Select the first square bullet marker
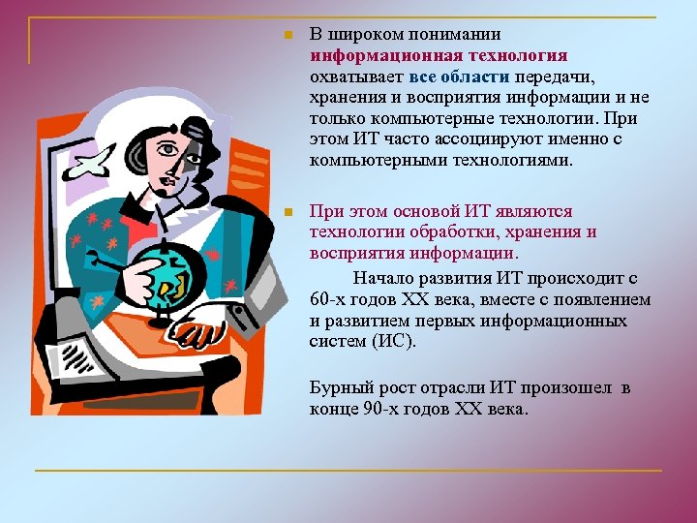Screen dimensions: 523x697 pyautogui.click(x=287, y=38)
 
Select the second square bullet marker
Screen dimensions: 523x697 pyautogui.click(x=287, y=211)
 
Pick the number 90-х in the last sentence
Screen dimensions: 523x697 pyautogui.click(x=377, y=409)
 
